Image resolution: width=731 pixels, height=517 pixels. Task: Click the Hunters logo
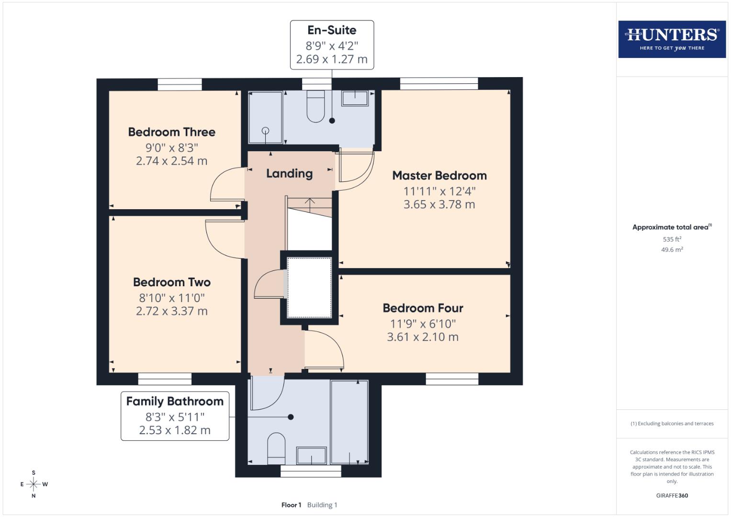[x=672, y=39]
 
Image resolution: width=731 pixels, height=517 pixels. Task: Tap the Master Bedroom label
[x=439, y=176]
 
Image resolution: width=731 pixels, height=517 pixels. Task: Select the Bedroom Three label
[x=171, y=132]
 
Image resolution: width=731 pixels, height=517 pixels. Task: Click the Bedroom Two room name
[x=171, y=282]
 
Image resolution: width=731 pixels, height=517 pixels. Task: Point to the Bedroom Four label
[x=423, y=308]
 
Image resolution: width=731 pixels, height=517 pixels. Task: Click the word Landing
[x=289, y=173]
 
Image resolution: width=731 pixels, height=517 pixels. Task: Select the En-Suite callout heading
[x=332, y=30]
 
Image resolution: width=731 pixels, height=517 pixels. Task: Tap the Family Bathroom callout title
[x=175, y=402]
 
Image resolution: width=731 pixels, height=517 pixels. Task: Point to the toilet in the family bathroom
[x=276, y=448]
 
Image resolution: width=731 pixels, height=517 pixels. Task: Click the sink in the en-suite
[x=355, y=99]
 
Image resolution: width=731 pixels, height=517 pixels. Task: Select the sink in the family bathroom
[x=312, y=456]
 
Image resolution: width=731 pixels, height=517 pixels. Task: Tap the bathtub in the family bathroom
[x=349, y=422]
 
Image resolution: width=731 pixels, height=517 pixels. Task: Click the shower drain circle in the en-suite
[x=265, y=131]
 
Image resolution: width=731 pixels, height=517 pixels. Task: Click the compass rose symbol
[x=34, y=484]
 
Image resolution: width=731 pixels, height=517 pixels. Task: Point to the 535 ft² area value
[x=672, y=239]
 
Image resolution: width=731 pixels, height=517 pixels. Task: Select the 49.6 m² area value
[x=672, y=249]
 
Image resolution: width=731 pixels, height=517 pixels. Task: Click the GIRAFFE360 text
[x=672, y=495]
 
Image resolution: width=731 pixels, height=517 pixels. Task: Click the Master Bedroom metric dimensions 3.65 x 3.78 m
[x=439, y=204]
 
